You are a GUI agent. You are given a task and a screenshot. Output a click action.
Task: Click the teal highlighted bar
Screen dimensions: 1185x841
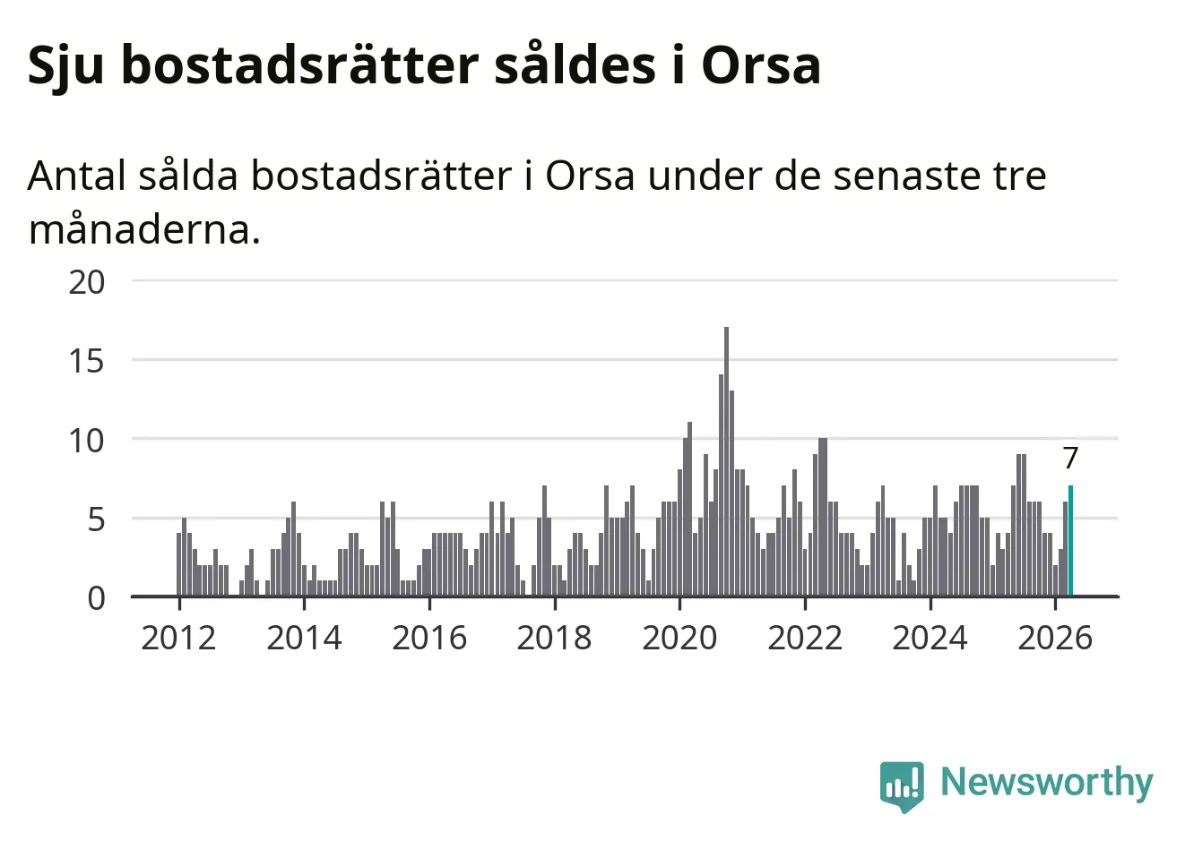tap(1070, 541)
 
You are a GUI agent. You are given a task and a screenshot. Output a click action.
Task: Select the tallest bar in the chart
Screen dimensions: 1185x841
tap(726, 461)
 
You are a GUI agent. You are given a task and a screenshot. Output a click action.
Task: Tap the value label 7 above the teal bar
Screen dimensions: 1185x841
tap(1070, 458)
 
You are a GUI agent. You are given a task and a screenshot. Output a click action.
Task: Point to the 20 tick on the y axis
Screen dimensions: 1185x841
tap(87, 282)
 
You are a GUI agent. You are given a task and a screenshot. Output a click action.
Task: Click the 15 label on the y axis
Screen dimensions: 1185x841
tap(87, 362)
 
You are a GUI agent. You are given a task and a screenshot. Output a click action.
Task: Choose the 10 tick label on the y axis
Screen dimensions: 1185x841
tap(87, 441)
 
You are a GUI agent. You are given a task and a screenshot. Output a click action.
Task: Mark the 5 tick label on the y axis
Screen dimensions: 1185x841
tap(96, 520)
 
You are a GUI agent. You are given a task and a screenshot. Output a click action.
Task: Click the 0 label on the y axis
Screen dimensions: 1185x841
tap(96, 599)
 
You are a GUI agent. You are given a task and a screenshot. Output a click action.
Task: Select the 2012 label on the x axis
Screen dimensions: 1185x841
tap(178, 638)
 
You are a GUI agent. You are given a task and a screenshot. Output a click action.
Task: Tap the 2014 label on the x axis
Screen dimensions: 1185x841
tap(304, 638)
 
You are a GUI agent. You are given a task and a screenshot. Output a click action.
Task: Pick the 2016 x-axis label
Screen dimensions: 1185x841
tap(429, 638)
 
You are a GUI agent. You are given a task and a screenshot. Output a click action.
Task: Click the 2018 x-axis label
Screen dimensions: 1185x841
tap(555, 638)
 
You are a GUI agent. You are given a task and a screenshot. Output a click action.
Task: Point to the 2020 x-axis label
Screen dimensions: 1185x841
tap(679, 638)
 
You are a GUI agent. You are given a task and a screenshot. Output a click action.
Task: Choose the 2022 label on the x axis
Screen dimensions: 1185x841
tap(805, 638)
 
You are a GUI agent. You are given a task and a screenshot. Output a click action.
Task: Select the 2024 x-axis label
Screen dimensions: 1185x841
tap(930, 638)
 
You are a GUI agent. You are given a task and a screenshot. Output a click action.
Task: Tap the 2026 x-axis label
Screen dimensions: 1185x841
tap(1055, 638)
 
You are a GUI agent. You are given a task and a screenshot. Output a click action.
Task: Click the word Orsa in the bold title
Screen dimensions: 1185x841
tap(761, 65)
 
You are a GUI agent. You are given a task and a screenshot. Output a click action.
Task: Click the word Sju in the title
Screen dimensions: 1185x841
tap(65, 66)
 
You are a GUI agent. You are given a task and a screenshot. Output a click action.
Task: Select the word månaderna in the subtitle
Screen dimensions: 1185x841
tap(144, 229)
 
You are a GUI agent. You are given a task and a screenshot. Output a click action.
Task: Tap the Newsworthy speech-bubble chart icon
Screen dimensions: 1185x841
tap(902, 786)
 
